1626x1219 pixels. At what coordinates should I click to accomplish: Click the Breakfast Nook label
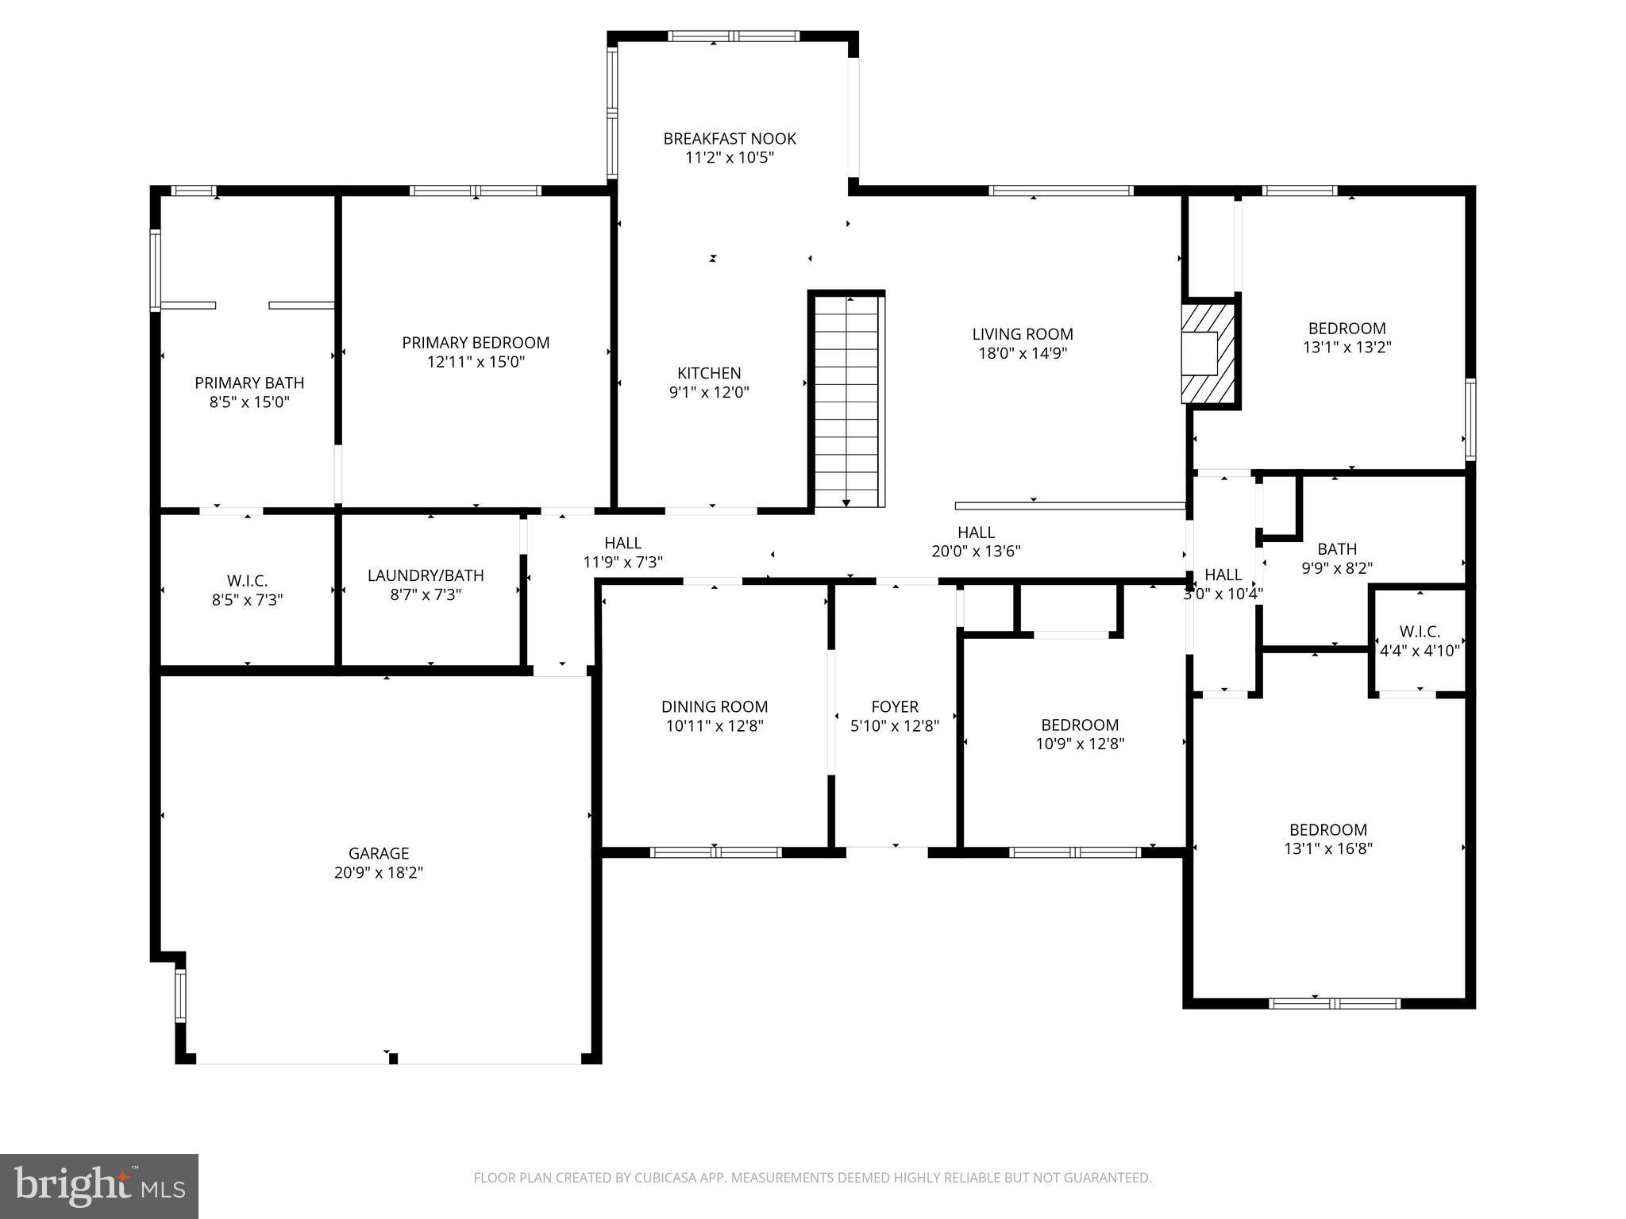730,139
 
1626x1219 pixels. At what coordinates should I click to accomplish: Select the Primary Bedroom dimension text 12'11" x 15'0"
476,362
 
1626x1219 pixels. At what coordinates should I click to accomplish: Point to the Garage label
379,853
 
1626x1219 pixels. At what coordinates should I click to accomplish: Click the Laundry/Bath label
426,575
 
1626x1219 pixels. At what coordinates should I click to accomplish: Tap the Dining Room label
715,706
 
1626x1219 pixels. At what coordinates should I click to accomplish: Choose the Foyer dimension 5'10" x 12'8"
895,725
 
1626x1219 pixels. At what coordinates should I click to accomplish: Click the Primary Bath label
249,383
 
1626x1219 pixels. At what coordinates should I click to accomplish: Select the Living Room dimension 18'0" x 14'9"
1023,353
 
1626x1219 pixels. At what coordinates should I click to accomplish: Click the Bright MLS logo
99,1186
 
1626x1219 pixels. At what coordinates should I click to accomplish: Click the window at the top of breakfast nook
733,36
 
